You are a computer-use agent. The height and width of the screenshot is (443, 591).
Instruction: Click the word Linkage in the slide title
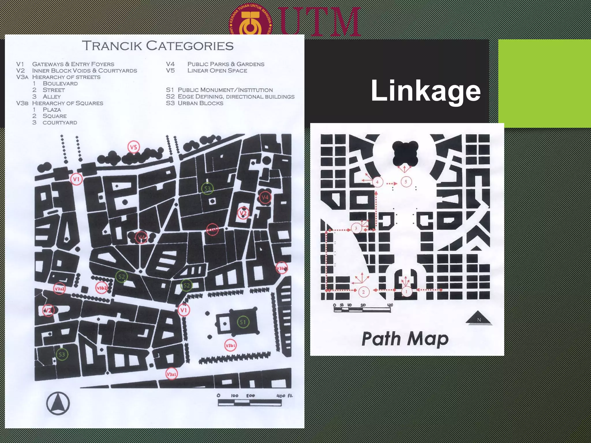click(426, 91)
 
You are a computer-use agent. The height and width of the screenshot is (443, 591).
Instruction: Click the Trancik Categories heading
click(158, 46)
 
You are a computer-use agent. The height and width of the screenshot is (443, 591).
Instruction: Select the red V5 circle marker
click(133, 147)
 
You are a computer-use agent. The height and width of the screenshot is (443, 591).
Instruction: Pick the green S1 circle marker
click(243, 322)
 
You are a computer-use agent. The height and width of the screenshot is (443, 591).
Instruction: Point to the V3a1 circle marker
click(171, 374)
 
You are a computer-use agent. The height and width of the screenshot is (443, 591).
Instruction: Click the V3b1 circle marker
click(230, 345)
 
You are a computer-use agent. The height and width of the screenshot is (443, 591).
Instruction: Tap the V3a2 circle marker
click(59, 288)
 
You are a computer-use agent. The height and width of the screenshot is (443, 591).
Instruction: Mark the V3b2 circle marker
click(102, 288)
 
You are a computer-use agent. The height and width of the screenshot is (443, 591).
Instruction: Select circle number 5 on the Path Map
click(406, 182)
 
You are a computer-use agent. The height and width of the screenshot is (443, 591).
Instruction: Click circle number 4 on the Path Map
click(377, 182)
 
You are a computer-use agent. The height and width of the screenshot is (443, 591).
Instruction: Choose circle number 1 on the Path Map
click(406, 292)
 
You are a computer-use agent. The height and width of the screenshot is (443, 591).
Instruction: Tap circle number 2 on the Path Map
click(363, 292)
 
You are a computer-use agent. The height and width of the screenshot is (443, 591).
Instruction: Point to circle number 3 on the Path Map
click(356, 228)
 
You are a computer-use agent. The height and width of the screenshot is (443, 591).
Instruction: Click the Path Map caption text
click(405, 339)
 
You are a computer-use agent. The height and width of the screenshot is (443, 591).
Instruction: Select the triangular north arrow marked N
click(479, 318)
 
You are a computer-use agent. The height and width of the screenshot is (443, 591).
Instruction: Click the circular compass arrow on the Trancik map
click(58, 403)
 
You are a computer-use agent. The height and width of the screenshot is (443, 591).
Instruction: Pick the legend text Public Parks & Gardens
click(226, 64)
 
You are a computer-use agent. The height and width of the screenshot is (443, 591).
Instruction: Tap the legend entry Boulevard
click(60, 84)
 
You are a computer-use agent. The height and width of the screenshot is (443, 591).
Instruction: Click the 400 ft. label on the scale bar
click(285, 396)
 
